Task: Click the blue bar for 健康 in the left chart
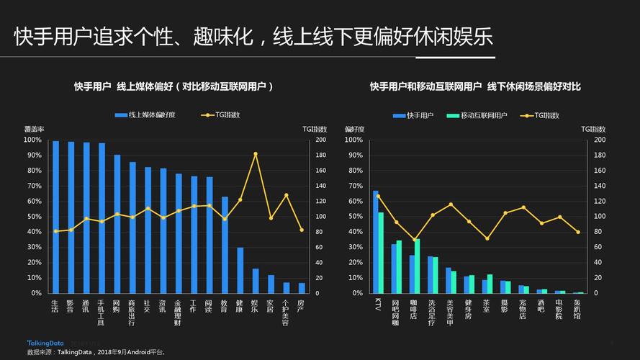pyautogui.click(x=240, y=270)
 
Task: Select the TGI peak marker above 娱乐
pyautogui.click(x=256, y=154)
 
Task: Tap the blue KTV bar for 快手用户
pyautogui.click(x=375, y=241)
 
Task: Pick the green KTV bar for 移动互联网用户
pyautogui.click(x=381, y=252)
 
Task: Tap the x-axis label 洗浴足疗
pyautogui.click(x=431, y=312)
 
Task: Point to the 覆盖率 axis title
pyautogui.click(x=35, y=129)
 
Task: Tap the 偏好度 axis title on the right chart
pyautogui.click(x=355, y=129)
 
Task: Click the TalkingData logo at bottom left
pyautogui.click(x=45, y=343)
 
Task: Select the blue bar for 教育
pyautogui.click(x=225, y=245)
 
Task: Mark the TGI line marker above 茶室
pyautogui.click(x=487, y=238)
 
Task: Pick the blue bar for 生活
pyautogui.click(x=55, y=217)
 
